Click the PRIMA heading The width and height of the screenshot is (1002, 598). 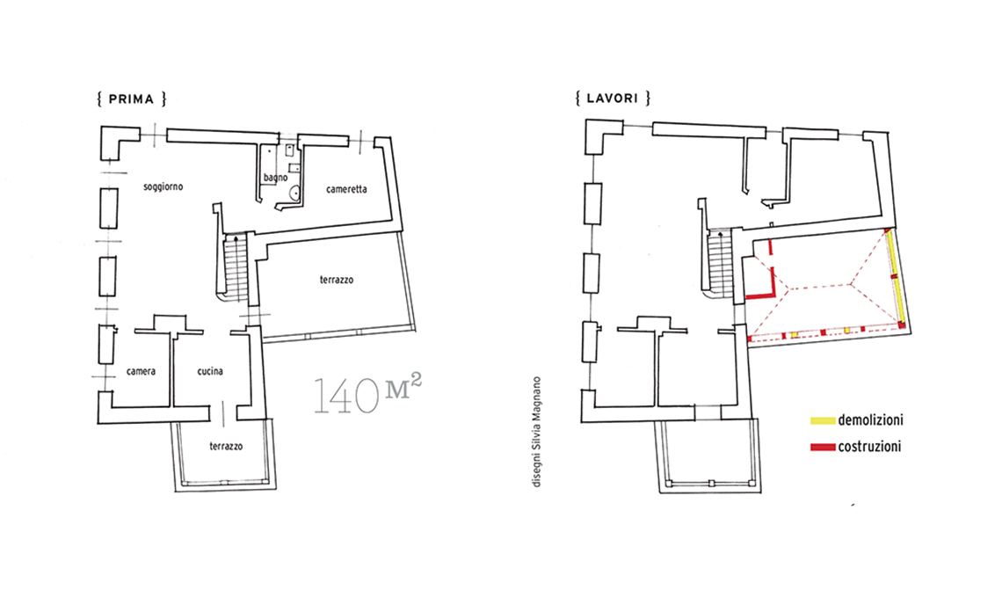pos(132,99)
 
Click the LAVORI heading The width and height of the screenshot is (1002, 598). pos(613,98)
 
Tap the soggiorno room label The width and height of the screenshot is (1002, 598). pos(163,187)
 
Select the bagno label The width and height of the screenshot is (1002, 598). pos(275,178)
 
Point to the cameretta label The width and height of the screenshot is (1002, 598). pos(346,189)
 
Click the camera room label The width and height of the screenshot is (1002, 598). pos(141,371)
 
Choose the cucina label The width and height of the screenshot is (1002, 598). pos(210,371)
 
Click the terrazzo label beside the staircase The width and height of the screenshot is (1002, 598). pos(336,280)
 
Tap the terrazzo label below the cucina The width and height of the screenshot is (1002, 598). pos(226,447)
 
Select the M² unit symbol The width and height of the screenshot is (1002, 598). pos(403,386)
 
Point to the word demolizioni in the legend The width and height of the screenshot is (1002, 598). pos(870,420)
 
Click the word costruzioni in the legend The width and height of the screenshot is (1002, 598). pos(869,447)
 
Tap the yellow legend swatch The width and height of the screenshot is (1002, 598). pos(823,421)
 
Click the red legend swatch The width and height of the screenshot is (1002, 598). pos(823,447)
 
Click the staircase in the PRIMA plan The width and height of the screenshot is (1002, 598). pos(236,267)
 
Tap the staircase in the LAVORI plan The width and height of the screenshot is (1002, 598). pos(720,264)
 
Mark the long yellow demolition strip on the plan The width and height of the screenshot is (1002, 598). pos(896,279)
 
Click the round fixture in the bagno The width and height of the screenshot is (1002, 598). pos(294,192)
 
